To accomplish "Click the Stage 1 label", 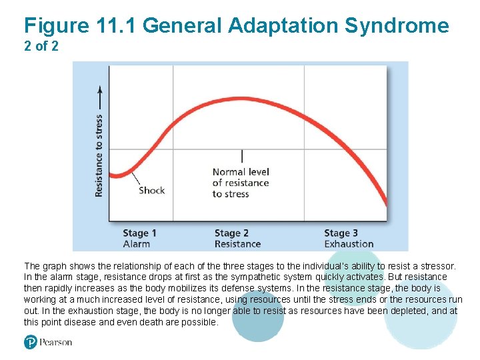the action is pyautogui.click(x=139, y=233).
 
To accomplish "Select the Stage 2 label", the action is pyautogui.click(x=231, y=233).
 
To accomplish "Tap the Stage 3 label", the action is pyautogui.click(x=341, y=233).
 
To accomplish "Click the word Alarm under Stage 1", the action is pyautogui.click(x=136, y=244).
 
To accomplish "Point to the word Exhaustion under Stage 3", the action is pyautogui.click(x=349, y=244).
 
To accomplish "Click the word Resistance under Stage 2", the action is pyautogui.click(x=237, y=244).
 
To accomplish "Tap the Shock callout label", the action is pyautogui.click(x=151, y=191).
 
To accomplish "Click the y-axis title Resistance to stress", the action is pyautogui.click(x=99, y=155).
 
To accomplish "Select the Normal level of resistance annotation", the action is pyautogui.click(x=241, y=183).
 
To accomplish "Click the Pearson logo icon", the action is pyautogui.click(x=31, y=342).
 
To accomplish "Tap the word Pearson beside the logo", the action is pyautogui.click(x=55, y=343).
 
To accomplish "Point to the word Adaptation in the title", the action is pyautogui.click(x=284, y=26).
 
